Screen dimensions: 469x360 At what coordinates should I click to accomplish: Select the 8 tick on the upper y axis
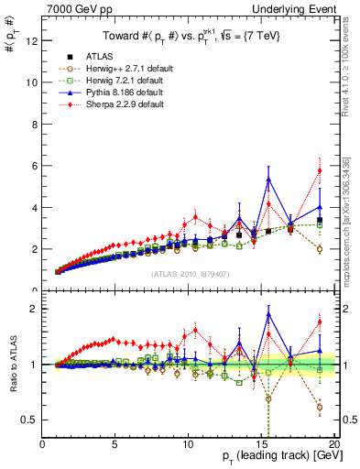tap(35, 124)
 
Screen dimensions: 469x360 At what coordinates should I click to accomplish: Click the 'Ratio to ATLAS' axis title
tap(12, 364)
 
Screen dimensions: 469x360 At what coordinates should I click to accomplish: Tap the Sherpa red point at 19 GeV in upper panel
tap(320, 170)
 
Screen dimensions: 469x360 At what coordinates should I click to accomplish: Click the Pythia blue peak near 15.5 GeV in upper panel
tap(268, 179)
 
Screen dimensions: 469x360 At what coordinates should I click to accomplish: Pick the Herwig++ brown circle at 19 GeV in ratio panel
tap(320, 407)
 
